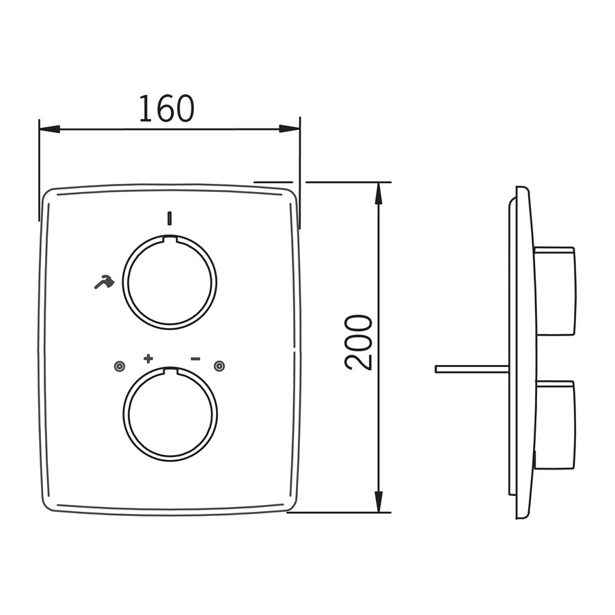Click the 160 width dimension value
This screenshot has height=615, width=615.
coord(167,108)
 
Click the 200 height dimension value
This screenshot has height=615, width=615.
coord(358,342)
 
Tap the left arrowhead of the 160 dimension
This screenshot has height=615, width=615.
coord(49,128)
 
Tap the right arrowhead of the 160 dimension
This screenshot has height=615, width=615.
coord(290,128)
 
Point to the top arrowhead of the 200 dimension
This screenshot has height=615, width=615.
coord(379,193)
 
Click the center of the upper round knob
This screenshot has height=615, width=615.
coord(170,282)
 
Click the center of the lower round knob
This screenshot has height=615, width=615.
coord(170,413)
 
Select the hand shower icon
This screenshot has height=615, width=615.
coord(105,282)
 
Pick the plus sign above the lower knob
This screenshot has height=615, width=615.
coord(148,358)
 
